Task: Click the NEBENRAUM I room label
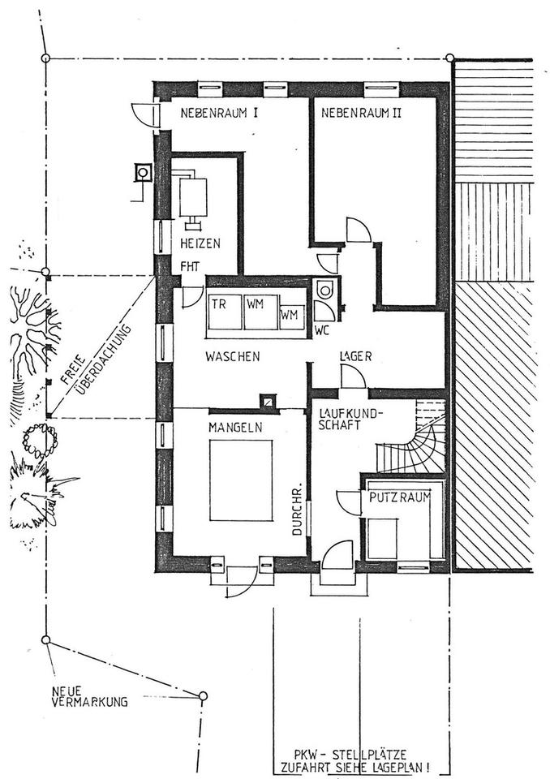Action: coord(218,114)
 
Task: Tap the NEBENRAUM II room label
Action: coord(362,114)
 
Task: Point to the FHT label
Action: coord(190,265)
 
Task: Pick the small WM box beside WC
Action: coord(290,313)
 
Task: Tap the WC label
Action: coord(321,330)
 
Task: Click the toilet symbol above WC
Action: coord(325,290)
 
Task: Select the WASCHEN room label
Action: coord(231,356)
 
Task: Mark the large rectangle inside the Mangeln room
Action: coord(241,480)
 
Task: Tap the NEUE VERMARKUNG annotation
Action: coord(89,697)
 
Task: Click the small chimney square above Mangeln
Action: coord(267,400)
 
